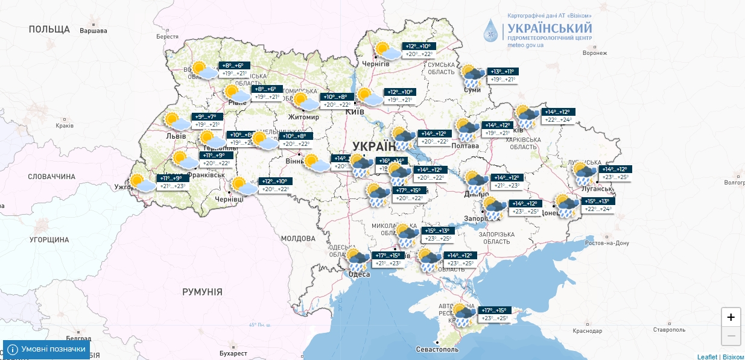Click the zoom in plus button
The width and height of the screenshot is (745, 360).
click(731, 317)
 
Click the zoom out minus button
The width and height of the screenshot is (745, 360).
click(731, 335)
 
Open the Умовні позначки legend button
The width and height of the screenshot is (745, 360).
click(46, 349)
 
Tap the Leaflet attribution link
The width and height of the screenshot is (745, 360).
click(707, 356)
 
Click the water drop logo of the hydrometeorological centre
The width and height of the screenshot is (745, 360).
click(492, 30)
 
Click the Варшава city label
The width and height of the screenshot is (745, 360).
click(93, 31)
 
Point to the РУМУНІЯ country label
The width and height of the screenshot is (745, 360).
click(202, 292)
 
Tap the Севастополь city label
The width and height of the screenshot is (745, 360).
click(437, 349)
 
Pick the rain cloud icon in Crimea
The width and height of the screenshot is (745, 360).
click(463, 314)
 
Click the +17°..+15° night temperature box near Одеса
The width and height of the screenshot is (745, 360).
click(387, 256)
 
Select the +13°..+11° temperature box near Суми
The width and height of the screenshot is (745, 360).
click(502, 71)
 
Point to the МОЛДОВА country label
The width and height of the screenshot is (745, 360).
click(299, 238)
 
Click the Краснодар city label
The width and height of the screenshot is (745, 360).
click(588, 331)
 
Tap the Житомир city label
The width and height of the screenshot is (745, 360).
click(303, 116)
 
